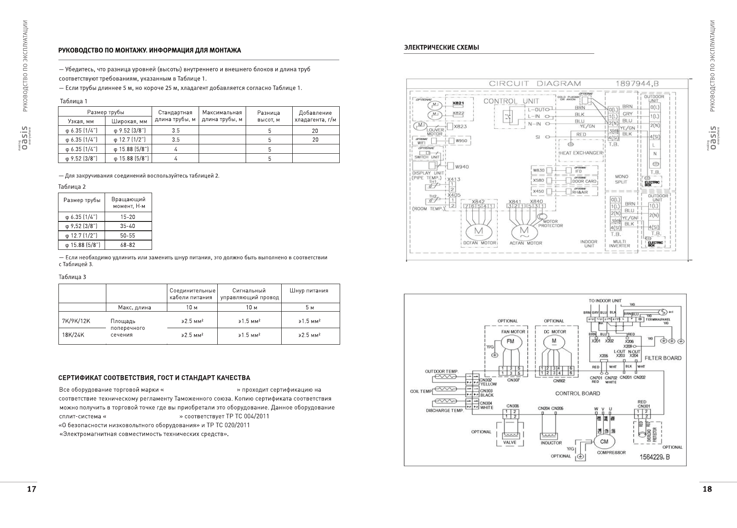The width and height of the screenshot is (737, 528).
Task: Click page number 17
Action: pyautogui.click(x=31, y=489)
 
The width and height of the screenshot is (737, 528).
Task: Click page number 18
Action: pyautogui.click(x=707, y=489)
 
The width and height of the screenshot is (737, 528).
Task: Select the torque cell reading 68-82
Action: pyautogui.click(x=127, y=245)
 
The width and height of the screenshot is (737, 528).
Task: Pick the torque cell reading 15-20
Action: pyautogui.click(x=127, y=217)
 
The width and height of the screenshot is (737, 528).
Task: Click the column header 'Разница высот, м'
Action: pyautogui.click(x=269, y=116)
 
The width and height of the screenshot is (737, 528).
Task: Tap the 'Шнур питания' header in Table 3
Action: pyautogui.click(x=309, y=290)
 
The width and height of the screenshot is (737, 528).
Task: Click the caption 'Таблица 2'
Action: pyautogui.click(x=72, y=187)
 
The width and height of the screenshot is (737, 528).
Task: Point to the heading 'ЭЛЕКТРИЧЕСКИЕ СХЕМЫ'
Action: pyautogui.click(x=442, y=47)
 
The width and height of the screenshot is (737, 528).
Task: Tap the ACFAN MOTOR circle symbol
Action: pyautogui.click(x=524, y=231)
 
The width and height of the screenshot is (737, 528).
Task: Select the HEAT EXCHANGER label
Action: pyautogui.click(x=581, y=153)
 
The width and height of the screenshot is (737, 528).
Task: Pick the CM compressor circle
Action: pyautogui.click(x=604, y=441)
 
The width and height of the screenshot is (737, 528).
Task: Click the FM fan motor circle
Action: pyautogui.click(x=510, y=341)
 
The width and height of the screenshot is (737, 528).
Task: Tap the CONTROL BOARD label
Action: pyautogui.click(x=577, y=393)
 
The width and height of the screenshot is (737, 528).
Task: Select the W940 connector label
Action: pyautogui.click(x=462, y=167)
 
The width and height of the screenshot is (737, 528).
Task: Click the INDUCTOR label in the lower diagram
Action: pyautogui.click(x=551, y=443)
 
